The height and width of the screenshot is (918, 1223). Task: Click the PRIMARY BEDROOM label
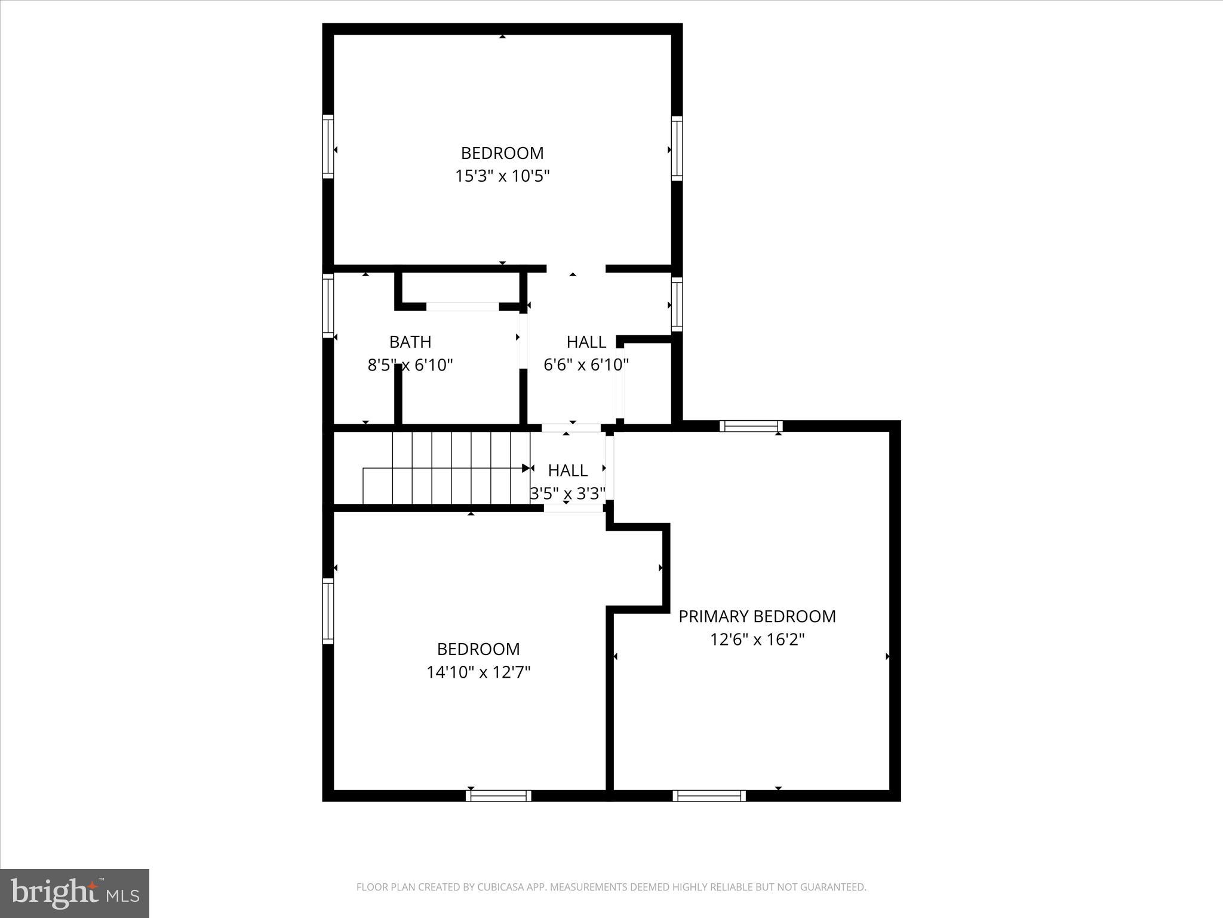(x=757, y=616)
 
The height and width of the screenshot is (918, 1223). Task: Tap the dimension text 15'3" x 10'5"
(x=502, y=176)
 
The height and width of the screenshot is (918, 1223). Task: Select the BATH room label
(x=410, y=342)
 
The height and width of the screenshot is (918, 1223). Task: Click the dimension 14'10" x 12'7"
(x=478, y=672)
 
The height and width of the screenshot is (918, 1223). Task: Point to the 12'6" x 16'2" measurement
(x=757, y=639)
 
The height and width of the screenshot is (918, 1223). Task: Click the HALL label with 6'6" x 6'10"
(x=586, y=342)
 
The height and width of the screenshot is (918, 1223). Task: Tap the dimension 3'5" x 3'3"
(x=567, y=493)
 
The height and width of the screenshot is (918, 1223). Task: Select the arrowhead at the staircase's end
(x=526, y=468)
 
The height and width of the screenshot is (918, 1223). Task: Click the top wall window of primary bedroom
(x=751, y=426)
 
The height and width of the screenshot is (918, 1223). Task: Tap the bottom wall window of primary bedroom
(x=709, y=795)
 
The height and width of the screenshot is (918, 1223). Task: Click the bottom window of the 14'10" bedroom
(x=498, y=795)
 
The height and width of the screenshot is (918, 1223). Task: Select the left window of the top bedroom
(x=328, y=146)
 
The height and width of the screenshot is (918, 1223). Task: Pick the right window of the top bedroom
(x=677, y=148)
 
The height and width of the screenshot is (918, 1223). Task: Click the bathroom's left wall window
(x=328, y=305)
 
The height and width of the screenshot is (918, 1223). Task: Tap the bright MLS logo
(x=75, y=893)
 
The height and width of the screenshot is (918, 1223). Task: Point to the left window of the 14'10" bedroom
(x=328, y=611)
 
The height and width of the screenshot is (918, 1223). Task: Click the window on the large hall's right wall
(x=677, y=304)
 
